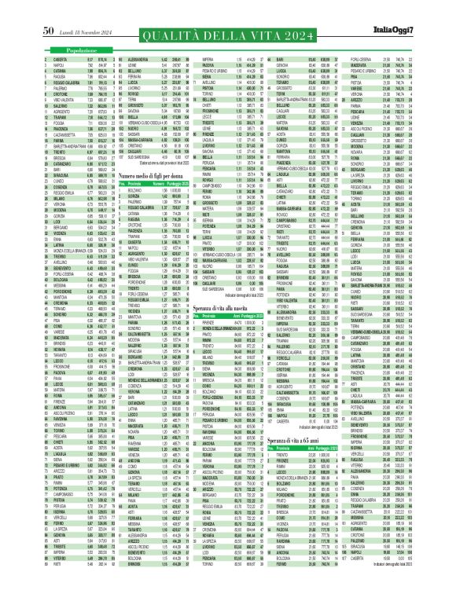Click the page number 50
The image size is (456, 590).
click(x=46, y=9)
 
